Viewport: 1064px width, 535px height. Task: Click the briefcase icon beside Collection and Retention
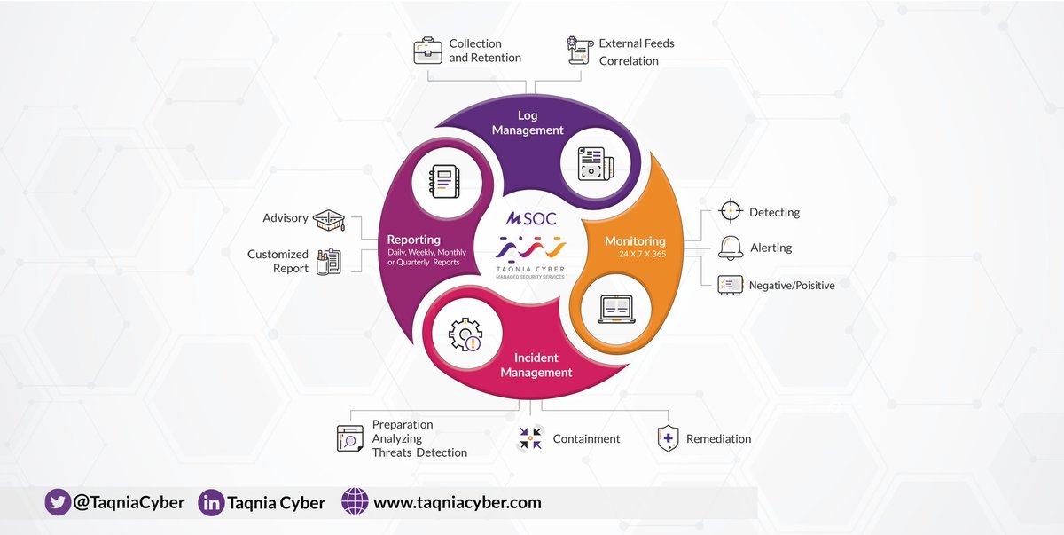click(427, 51)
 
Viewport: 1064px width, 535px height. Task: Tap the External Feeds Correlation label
click(636, 51)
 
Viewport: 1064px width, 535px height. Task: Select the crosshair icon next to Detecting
click(730, 211)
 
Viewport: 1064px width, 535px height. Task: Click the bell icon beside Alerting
click(731, 248)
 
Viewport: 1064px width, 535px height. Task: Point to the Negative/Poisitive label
click(791, 285)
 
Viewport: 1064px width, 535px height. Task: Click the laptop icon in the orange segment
click(616, 309)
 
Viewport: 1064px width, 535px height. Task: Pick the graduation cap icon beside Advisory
click(328, 219)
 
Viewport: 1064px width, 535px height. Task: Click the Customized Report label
click(278, 261)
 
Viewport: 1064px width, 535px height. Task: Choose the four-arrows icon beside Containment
click(530, 438)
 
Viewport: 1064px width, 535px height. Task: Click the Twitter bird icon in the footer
click(58, 502)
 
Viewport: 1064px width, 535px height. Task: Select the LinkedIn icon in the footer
click(211, 502)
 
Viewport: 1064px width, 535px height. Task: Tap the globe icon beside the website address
click(355, 502)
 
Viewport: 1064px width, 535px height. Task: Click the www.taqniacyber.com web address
click(457, 502)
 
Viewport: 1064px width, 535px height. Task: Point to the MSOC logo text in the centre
click(531, 218)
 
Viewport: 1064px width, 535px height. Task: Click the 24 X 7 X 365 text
click(641, 255)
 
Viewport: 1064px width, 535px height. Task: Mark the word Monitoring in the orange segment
click(635, 240)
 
